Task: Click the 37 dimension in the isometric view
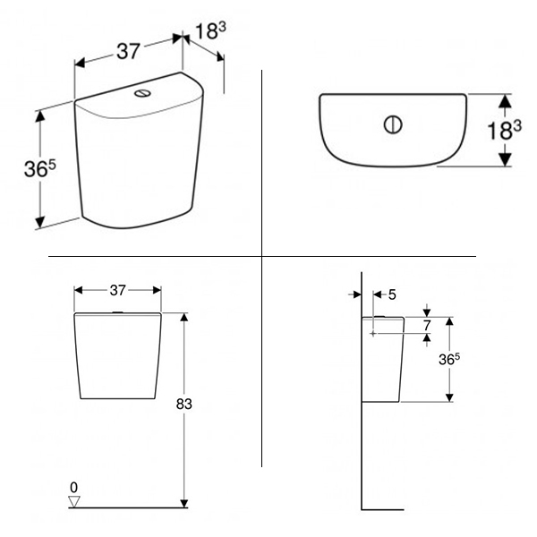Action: (128, 51)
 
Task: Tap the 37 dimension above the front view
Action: (118, 290)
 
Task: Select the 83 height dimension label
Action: (183, 405)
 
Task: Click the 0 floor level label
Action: (73, 487)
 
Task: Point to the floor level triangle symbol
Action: (74, 501)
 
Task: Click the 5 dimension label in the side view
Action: (392, 294)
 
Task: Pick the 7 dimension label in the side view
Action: (426, 325)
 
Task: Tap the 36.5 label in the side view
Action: (449, 359)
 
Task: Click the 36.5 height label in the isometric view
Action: (39, 168)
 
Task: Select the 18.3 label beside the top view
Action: (504, 130)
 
